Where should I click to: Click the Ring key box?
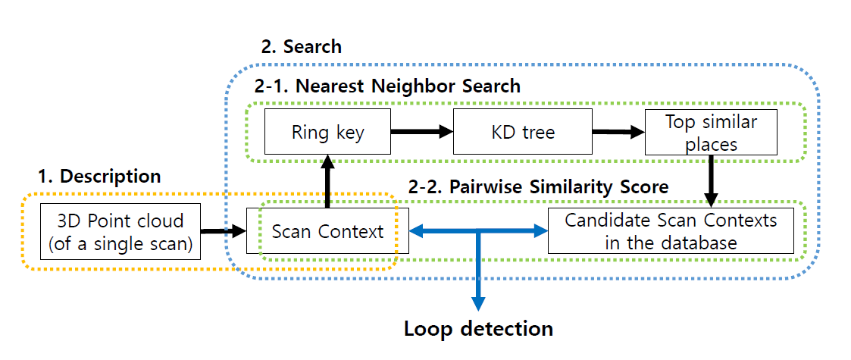[327, 132]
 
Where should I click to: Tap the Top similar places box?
[710, 132]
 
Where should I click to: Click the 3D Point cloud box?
[121, 230]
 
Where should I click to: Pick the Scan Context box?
[327, 230]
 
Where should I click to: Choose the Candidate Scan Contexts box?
[671, 230]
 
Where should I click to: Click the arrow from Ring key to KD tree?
[421, 132]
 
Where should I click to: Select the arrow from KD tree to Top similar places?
[618, 132]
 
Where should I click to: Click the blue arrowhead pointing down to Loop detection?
[478, 302]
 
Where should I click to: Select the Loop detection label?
[478, 329]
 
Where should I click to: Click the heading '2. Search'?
[301, 46]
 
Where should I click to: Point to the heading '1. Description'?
[99, 176]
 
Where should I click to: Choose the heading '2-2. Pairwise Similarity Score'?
[539, 186]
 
